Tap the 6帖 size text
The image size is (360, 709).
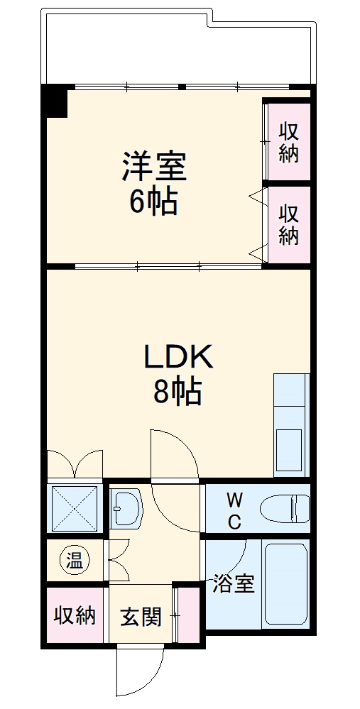(153, 203)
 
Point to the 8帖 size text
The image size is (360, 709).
(178, 392)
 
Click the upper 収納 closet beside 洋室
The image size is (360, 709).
(288, 142)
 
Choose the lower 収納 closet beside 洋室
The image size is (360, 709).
(288, 224)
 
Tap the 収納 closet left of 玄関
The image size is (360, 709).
(75, 615)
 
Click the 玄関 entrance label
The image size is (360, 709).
(140, 616)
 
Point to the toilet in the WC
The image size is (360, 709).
(285, 509)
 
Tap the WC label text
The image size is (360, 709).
(234, 510)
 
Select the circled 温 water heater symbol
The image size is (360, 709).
(75, 561)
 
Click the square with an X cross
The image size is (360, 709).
(75, 508)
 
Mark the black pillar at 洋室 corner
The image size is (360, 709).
(54, 100)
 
